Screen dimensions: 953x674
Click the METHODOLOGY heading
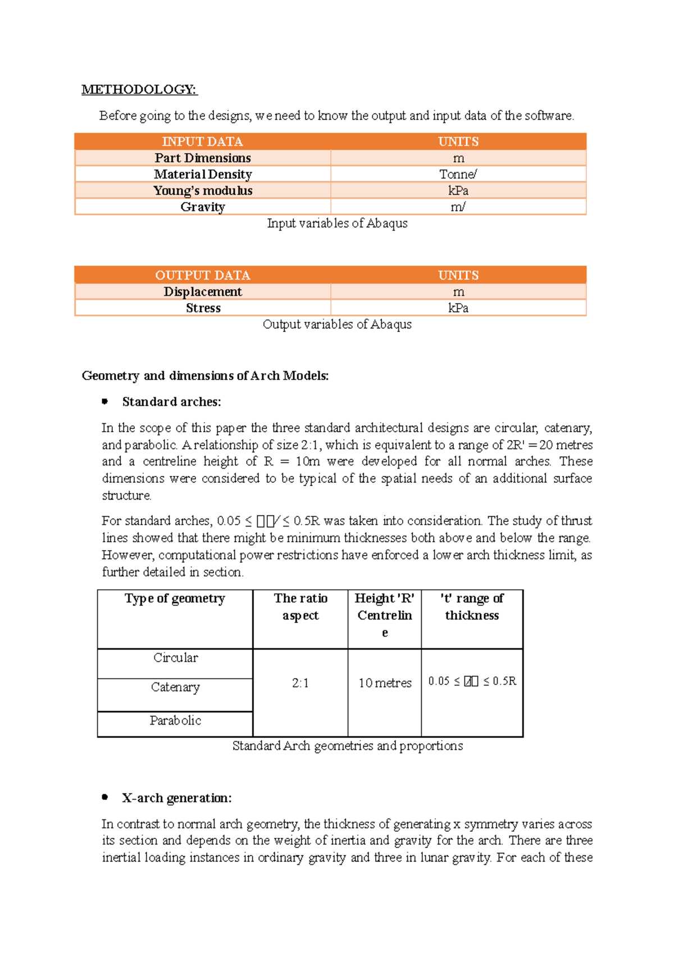tap(139, 89)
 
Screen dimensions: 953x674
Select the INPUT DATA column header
tap(202, 141)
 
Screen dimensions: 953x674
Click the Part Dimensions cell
tap(203, 158)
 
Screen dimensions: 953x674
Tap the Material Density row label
tap(203, 174)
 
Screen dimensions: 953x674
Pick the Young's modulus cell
tap(203, 190)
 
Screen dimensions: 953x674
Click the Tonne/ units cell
tap(458, 174)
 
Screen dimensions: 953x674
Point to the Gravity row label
tap(203, 207)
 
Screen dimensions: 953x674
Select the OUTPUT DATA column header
tap(202, 275)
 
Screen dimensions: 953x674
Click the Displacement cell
tap(203, 291)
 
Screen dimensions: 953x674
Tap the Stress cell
tap(203, 308)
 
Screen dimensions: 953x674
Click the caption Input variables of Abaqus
tap(337, 223)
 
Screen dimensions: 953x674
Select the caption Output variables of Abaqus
tap(337, 324)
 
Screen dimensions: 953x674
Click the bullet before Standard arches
tap(105, 401)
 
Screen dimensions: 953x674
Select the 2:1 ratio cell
tap(300, 683)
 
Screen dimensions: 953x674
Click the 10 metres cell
tap(385, 683)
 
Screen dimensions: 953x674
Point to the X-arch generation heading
tap(177, 798)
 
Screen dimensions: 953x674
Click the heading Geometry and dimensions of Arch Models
tap(205, 375)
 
